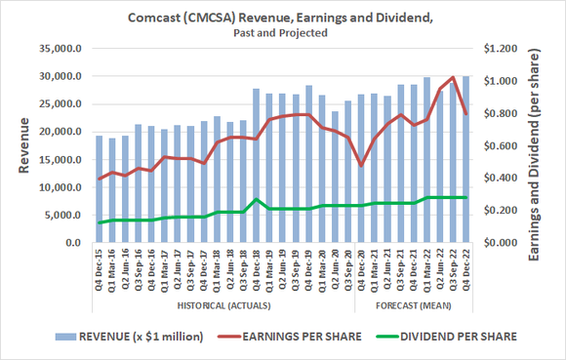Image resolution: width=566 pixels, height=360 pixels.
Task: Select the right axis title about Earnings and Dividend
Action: (x=536, y=146)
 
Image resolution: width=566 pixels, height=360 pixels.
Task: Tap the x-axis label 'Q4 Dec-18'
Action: (x=256, y=268)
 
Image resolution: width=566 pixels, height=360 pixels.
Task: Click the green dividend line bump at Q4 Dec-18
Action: (x=256, y=200)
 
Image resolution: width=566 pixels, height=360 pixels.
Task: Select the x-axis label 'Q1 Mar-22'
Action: (x=426, y=268)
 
